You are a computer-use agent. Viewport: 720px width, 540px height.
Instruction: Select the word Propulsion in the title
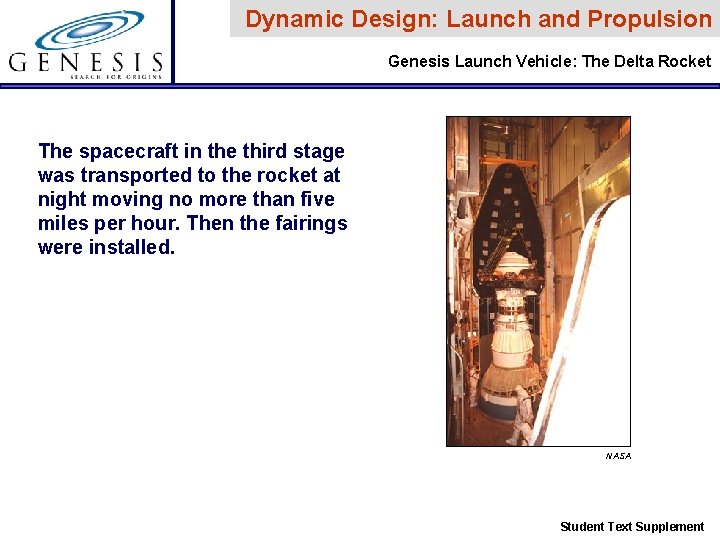(x=650, y=19)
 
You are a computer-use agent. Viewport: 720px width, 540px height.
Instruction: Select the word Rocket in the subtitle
(x=685, y=62)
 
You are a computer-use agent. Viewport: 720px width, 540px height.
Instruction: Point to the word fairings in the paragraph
(x=309, y=223)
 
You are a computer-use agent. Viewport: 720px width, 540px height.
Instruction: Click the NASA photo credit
(x=618, y=456)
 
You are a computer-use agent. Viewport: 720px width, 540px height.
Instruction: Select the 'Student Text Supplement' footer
(x=631, y=527)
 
